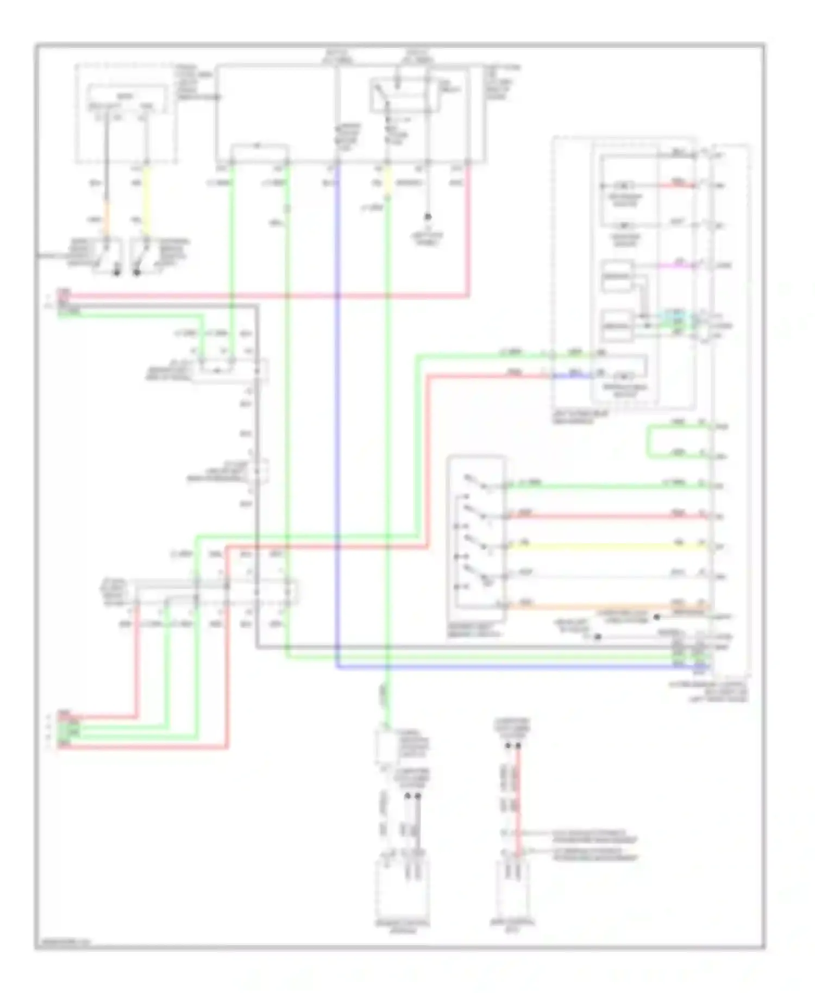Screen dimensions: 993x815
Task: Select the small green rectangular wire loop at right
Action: pyautogui.click(x=649, y=442)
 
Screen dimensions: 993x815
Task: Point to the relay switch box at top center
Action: pyautogui.click(x=405, y=96)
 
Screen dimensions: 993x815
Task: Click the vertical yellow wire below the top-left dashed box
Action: pyautogui.click(x=147, y=201)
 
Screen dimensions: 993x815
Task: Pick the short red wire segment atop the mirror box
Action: pyautogui.click(x=676, y=185)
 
